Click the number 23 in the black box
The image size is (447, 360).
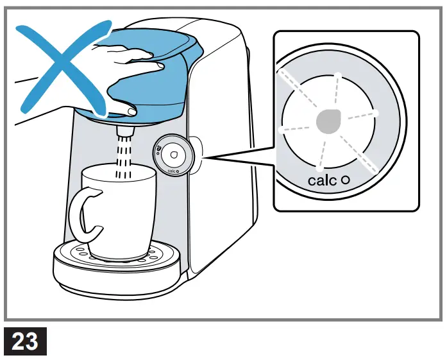[x=25, y=341]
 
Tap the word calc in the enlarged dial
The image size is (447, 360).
[x=322, y=180]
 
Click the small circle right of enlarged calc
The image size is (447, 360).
[x=345, y=180]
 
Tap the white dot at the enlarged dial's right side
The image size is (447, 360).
[x=376, y=114]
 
